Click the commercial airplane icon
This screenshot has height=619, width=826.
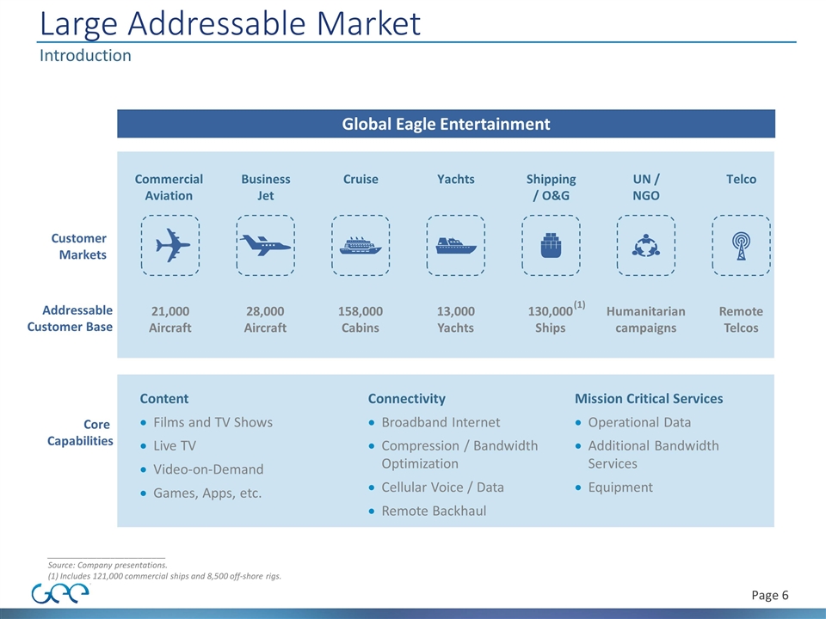click(x=170, y=246)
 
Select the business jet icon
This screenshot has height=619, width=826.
click(x=266, y=246)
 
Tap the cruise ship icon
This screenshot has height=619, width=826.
click(x=361, y=246)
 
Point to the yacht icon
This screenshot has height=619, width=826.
click(x=456, y=246)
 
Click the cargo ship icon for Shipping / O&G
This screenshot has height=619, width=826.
click(x=551, y=246)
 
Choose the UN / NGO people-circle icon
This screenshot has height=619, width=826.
click(x=646, y=246)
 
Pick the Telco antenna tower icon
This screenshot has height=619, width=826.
click(x=741, y=246)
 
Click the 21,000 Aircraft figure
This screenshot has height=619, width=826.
click(x=170, y=319)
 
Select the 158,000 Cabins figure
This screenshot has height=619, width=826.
click(x=361, y=319)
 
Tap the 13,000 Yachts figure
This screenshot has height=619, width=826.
click(x=456, y=319)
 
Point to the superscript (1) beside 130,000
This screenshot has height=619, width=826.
click(x=580, y=305)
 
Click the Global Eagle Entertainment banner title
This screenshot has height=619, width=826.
click(x=446, y=124)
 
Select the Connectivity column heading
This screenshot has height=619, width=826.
click(x=407, y=399)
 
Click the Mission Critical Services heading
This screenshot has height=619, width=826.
click(x=649, y=399)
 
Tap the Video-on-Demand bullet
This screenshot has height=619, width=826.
click(x=208, y=469)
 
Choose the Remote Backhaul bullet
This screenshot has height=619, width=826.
click(x=434, y=511)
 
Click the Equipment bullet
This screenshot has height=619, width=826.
click(x=619, y=487)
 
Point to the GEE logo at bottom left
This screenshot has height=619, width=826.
click(x=59, y=594)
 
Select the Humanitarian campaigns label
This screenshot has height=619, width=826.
click(x=646, y=319)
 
